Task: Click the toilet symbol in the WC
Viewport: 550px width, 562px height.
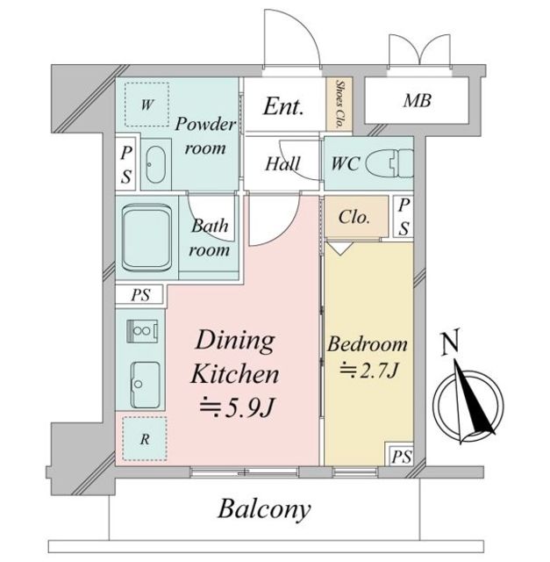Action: [x=389, y=163]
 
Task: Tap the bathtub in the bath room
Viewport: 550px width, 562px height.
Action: [x=146, y=238]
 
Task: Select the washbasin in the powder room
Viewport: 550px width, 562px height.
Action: [x=156, y=164]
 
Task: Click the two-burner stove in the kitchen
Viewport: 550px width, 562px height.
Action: [x=142, y=331]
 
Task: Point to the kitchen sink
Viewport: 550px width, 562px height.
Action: [x=145, y=385]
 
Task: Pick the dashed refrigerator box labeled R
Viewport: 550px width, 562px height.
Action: [x=145, y=439]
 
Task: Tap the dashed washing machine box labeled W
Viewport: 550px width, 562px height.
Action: [x=146, y=104]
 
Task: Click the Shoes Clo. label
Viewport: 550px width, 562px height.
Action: [x=339, y=104]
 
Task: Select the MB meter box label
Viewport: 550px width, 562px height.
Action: [x=418, y=100]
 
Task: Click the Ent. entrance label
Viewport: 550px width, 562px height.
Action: [x=283, y=106]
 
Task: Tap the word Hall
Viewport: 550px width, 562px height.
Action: [x=282, y=164]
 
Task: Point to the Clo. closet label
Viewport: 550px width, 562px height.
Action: [x=354, y=217]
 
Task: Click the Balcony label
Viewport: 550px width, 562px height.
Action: [x=264, y=509]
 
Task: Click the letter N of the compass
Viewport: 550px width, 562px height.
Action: [x=450, y=344]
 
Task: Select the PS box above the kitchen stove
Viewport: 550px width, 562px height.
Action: [x=140, y=295]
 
